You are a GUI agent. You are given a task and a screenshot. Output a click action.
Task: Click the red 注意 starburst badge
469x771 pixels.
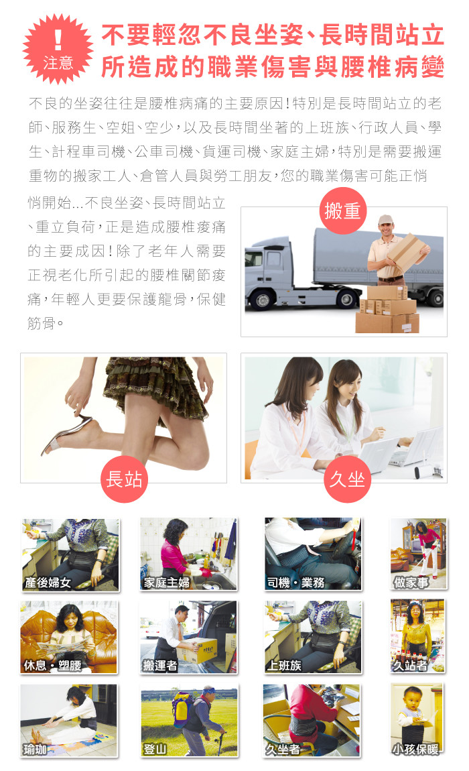click(58, 49)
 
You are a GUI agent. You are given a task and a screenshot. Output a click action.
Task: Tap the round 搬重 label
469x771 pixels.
click(342, 211)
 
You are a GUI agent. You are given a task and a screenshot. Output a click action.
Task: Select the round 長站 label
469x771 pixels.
click(124, 479)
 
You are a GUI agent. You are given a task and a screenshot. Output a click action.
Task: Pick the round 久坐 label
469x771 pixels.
click(347, 479)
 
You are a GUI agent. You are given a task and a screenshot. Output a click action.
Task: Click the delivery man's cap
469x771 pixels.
click(385, 219)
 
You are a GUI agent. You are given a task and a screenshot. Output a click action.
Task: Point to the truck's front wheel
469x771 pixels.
click(263, 299)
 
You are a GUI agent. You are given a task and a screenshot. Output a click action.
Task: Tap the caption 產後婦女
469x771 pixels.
click(48, 583)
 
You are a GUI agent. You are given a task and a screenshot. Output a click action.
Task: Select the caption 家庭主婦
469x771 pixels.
click(166, 583)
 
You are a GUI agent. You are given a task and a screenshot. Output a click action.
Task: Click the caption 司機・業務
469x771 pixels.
click(295, 583)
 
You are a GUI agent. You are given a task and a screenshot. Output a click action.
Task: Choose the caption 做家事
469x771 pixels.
click(411, 583)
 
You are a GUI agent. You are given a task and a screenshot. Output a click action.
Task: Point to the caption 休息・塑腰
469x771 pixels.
click(53, 665)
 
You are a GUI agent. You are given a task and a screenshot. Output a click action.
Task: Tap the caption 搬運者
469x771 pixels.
click(159, 665)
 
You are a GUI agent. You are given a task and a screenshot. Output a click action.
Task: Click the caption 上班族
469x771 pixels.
click(283, 665)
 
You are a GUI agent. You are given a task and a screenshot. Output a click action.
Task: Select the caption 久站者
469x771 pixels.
click(410, 665)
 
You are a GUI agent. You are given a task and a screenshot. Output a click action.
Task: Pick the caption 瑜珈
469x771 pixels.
click(35, 749)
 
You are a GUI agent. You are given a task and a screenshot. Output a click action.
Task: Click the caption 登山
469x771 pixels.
click(154, 749)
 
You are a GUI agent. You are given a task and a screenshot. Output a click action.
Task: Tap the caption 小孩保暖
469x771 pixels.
click(415, 749)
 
